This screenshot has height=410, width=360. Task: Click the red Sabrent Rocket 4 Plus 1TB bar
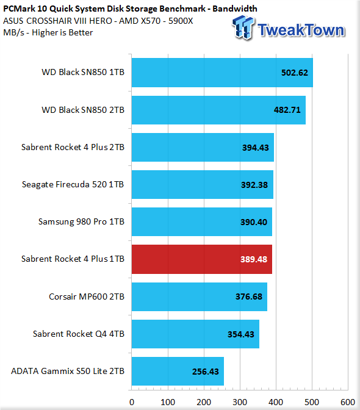[202, 259]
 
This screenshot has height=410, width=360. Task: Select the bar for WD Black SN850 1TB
[222, 73]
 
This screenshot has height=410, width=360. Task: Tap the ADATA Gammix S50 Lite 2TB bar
[178, 371]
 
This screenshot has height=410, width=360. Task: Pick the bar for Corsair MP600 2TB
[200, 297]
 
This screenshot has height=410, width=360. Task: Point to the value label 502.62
[295, 73]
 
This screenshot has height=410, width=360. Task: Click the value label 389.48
[254, 259]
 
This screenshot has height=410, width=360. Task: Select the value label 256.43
[206, 372]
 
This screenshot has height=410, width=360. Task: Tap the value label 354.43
[241, 334]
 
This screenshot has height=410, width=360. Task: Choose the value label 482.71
[287, 110]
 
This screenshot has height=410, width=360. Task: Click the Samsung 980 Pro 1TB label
[81, 221]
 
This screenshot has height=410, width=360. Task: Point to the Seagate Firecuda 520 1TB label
[73, 184]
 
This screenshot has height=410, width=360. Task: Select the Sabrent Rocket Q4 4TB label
[79, 334]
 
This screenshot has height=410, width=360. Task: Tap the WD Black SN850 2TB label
[83, 110]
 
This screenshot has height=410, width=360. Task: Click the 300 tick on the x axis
[240, 402]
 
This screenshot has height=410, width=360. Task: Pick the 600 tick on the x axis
[348, 402]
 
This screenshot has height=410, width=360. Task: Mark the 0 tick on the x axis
[132, 402]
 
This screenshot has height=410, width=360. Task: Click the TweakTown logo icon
[243, 27]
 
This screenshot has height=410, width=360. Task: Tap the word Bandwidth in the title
[235, 9]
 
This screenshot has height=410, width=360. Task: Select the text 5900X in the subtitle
[181, 21]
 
